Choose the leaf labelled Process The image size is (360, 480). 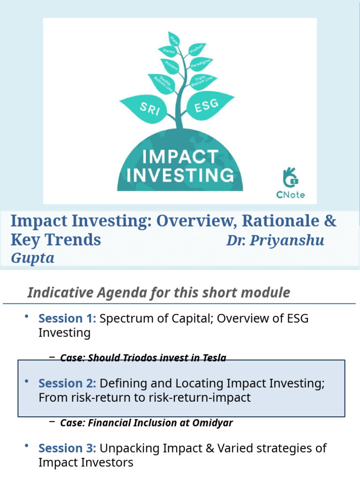coord(171,66)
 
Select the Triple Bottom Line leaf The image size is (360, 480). coord(202,80)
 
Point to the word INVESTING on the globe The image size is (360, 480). coord(180,175)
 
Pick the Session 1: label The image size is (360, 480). coord(67,319)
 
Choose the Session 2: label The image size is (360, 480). coord(67,383)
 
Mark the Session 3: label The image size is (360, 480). coord(67,448)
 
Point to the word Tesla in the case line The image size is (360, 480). coord(215,358)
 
